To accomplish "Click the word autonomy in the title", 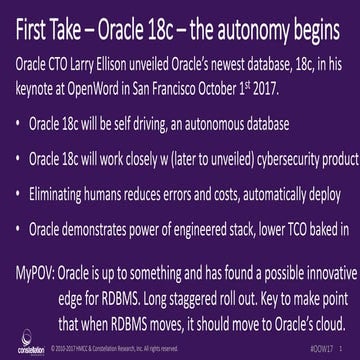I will tap(236, 30).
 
